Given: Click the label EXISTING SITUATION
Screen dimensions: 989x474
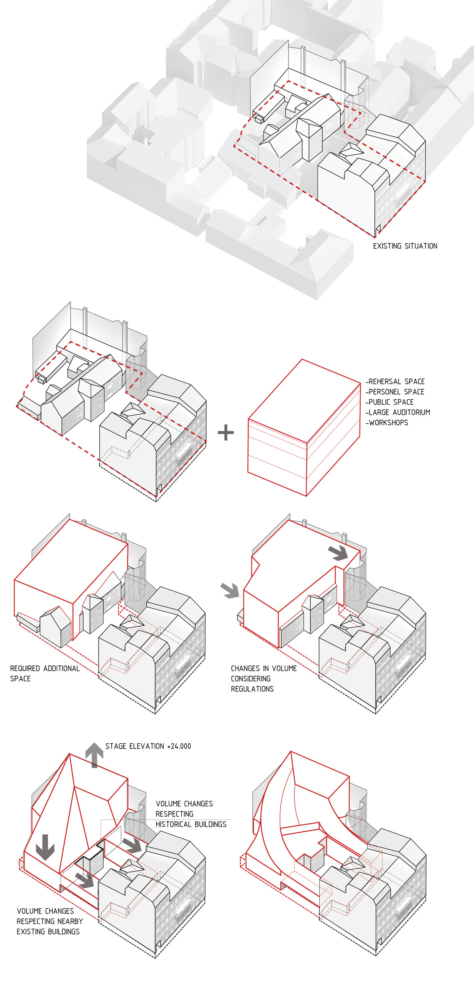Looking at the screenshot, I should [x=405, y=246].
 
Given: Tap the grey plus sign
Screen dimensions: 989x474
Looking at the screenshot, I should [x=226, y=432].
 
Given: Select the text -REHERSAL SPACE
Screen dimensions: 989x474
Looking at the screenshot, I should [x=395, y=382].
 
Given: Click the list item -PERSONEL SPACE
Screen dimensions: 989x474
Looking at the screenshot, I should [x=395, y=392].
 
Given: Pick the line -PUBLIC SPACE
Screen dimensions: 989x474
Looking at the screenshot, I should [x=389, y=402].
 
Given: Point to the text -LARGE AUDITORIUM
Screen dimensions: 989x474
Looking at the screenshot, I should [x=398, y=413].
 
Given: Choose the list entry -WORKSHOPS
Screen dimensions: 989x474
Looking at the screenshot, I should [x=387, y=423].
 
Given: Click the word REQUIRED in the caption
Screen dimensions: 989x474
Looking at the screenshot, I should [x=25, y=669].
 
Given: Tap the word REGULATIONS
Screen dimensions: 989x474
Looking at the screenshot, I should [x=252, y=689].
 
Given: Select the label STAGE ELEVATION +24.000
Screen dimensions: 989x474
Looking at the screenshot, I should [x=148, y=746].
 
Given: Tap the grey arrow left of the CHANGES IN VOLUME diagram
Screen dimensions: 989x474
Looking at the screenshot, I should [x=230, y=590].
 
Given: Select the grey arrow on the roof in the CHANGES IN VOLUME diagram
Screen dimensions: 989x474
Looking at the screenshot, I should [x=338, y=553].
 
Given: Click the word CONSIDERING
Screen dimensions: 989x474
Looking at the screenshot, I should [x=251, y=679].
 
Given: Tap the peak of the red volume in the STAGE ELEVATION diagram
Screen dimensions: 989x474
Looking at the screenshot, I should [x=70, y=754].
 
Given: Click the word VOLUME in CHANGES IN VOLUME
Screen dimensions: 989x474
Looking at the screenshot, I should [x=284, y=669].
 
